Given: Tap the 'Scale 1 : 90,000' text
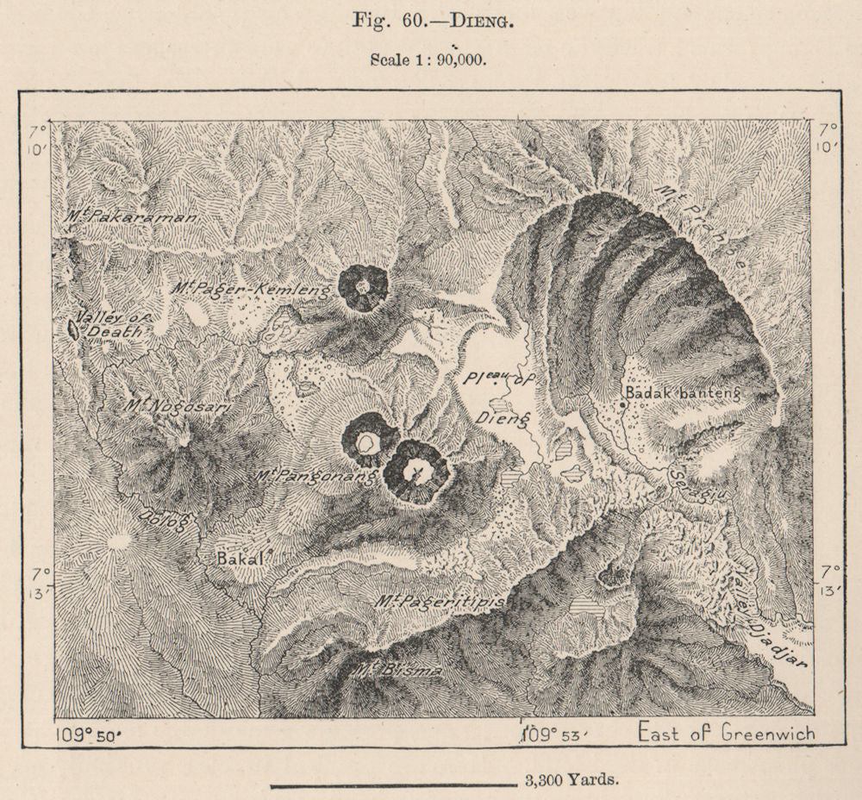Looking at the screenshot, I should click(x=429, y=59).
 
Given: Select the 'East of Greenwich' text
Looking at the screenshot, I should click(x=726, y=734).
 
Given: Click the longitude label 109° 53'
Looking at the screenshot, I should click(x=554, y=735).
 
